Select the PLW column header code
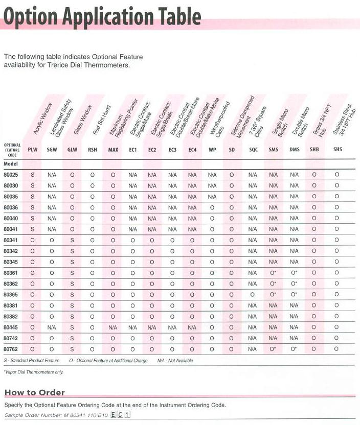click(x=33, y=150)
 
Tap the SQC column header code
click(x=253, y=150)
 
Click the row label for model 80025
click(x=11, y=174)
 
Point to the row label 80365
click(x=11, y=295)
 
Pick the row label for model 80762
click(x=11, y=349)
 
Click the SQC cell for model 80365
click(x=253, y=295)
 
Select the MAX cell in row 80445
click(x=113, y=327)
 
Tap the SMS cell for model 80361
click(x=273, y=273)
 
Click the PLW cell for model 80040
click(x=33, y=218)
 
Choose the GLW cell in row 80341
click(x=72, y=240)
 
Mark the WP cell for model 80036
click(x=212, y=207)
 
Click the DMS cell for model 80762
click(x=294, y=349)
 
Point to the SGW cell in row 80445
click(x=52, y=327)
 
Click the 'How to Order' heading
click(x=35, y=392)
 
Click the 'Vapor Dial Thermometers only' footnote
click(x=33, y=372)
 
